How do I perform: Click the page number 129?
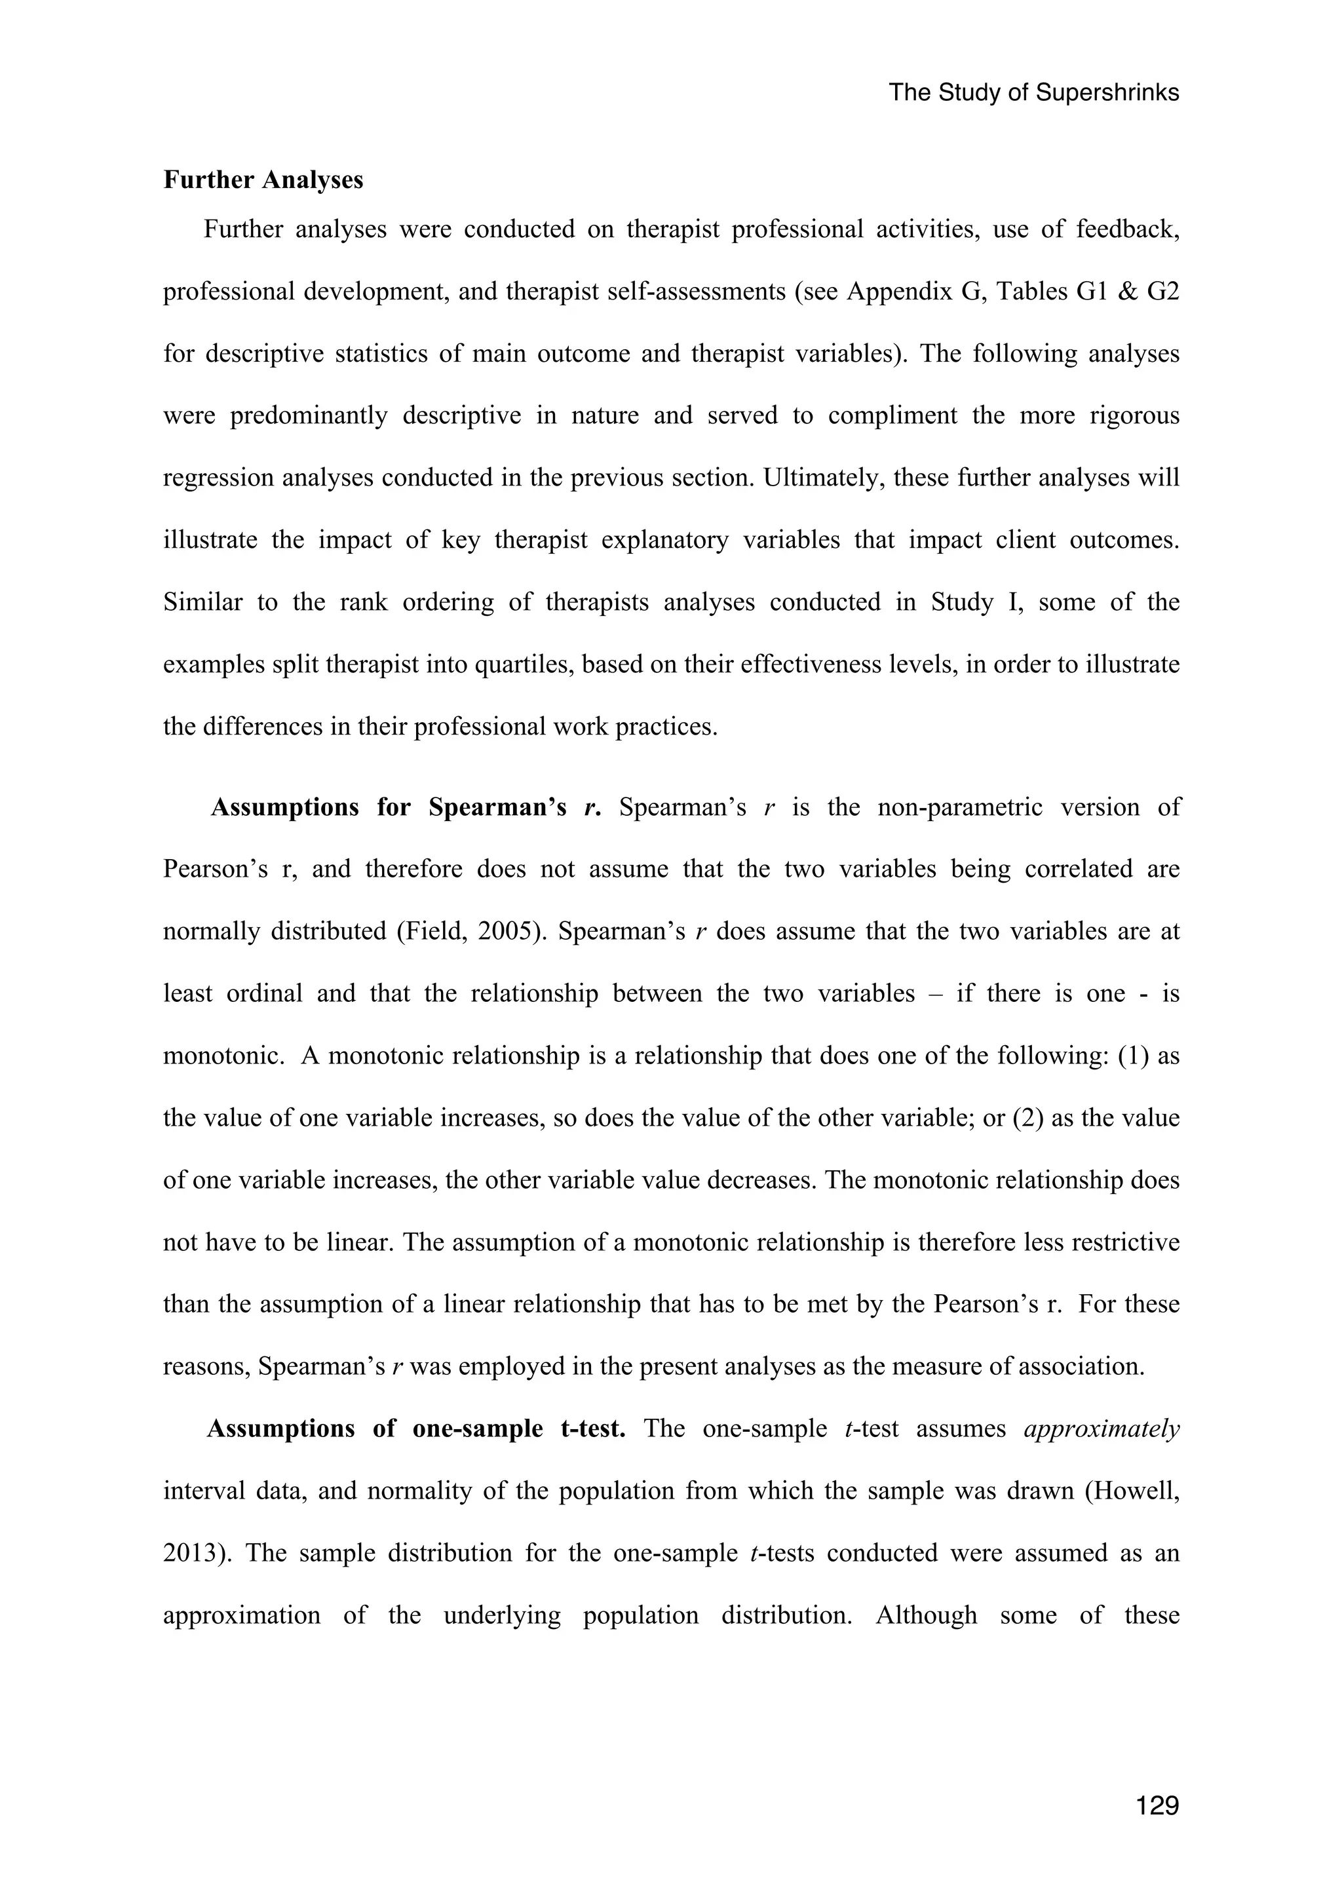[1157, 1805]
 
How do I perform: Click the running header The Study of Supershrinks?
[1033, 92]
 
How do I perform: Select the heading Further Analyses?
[263, 180]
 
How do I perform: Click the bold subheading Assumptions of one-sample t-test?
[415, 1429]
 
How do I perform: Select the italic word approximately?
[1101, 1429]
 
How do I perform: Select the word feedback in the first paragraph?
[1127, 229]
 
